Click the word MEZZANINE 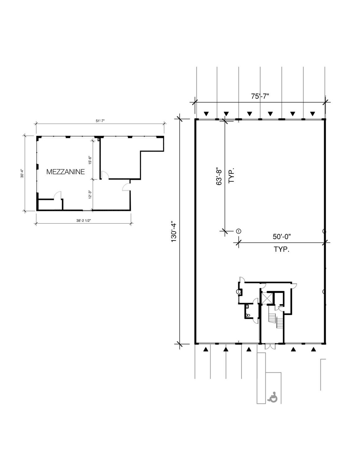66,172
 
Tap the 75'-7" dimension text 260,96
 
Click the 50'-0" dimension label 281,236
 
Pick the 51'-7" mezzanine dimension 100,121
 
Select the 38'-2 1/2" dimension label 84,220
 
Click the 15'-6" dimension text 90,160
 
